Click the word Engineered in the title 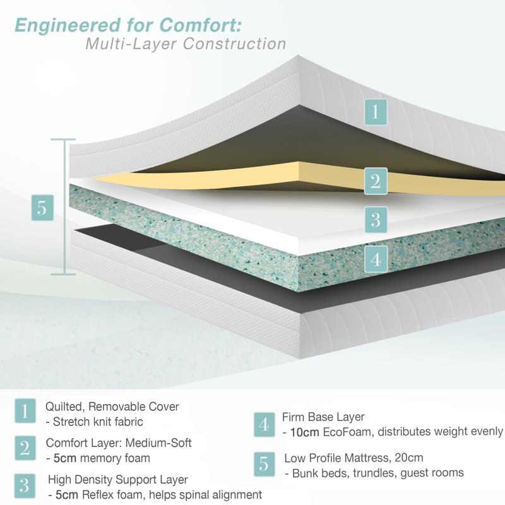click(68, 26)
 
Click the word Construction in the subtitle click(234, 44)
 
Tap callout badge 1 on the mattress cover click(376, 112)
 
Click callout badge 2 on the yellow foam click(376, 181)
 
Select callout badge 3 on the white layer click(376, 220)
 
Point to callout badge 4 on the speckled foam click(376, 259)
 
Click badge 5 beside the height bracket click(42, 208)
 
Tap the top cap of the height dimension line click(63, 140)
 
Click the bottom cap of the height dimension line click(63, 275)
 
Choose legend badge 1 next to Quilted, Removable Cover click(25, 411)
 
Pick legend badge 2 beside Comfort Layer click(25, 448)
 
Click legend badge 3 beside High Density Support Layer click(25, 486)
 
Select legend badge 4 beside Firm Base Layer click(264, 424)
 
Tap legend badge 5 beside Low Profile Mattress click(264, 465)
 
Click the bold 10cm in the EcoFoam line click(305, 432)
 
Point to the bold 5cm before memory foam click(65, 458)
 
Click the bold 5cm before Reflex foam click(67, 495)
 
